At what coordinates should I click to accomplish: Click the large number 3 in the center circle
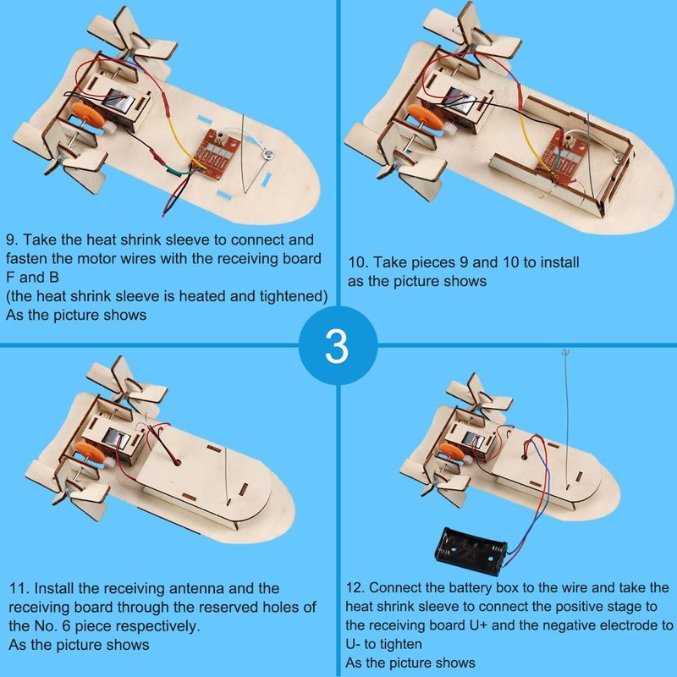pyautogui.click(x=337, y=346)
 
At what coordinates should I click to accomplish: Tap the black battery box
pyautogui.click(x=471, y=550)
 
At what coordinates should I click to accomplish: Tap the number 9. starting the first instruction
pyautogui.click(x=12, y=239)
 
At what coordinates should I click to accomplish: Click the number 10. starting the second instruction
pyautogui.click(x=358, y=262)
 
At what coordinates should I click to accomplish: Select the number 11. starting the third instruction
pyautogui.click(x=19, y=588)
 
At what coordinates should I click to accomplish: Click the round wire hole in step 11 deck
pyautogui.click(x=177, y=463)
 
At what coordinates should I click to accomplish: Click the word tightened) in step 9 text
pyautogui.click(x=294, y=296)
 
